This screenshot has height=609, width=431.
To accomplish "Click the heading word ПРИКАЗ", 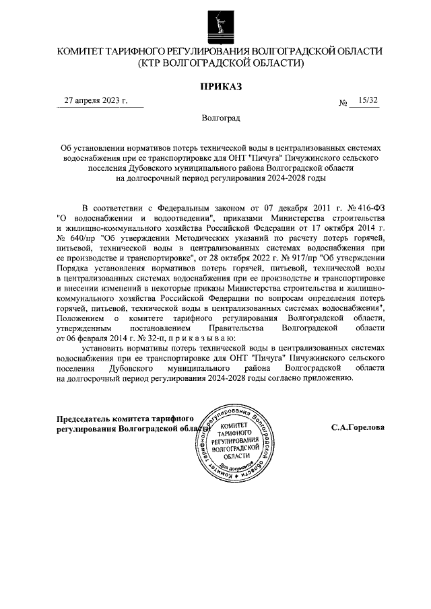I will coord(220,86).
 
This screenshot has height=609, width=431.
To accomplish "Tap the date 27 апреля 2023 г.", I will coord(96,101).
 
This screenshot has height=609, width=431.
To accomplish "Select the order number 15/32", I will coord(369,101).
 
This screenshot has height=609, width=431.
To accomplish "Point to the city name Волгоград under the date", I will coord(220,118).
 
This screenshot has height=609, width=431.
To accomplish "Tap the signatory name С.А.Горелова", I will coord(358,427).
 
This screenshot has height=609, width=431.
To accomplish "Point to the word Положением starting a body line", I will coord(81,318).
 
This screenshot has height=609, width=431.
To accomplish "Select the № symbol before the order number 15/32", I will coord(343,103).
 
